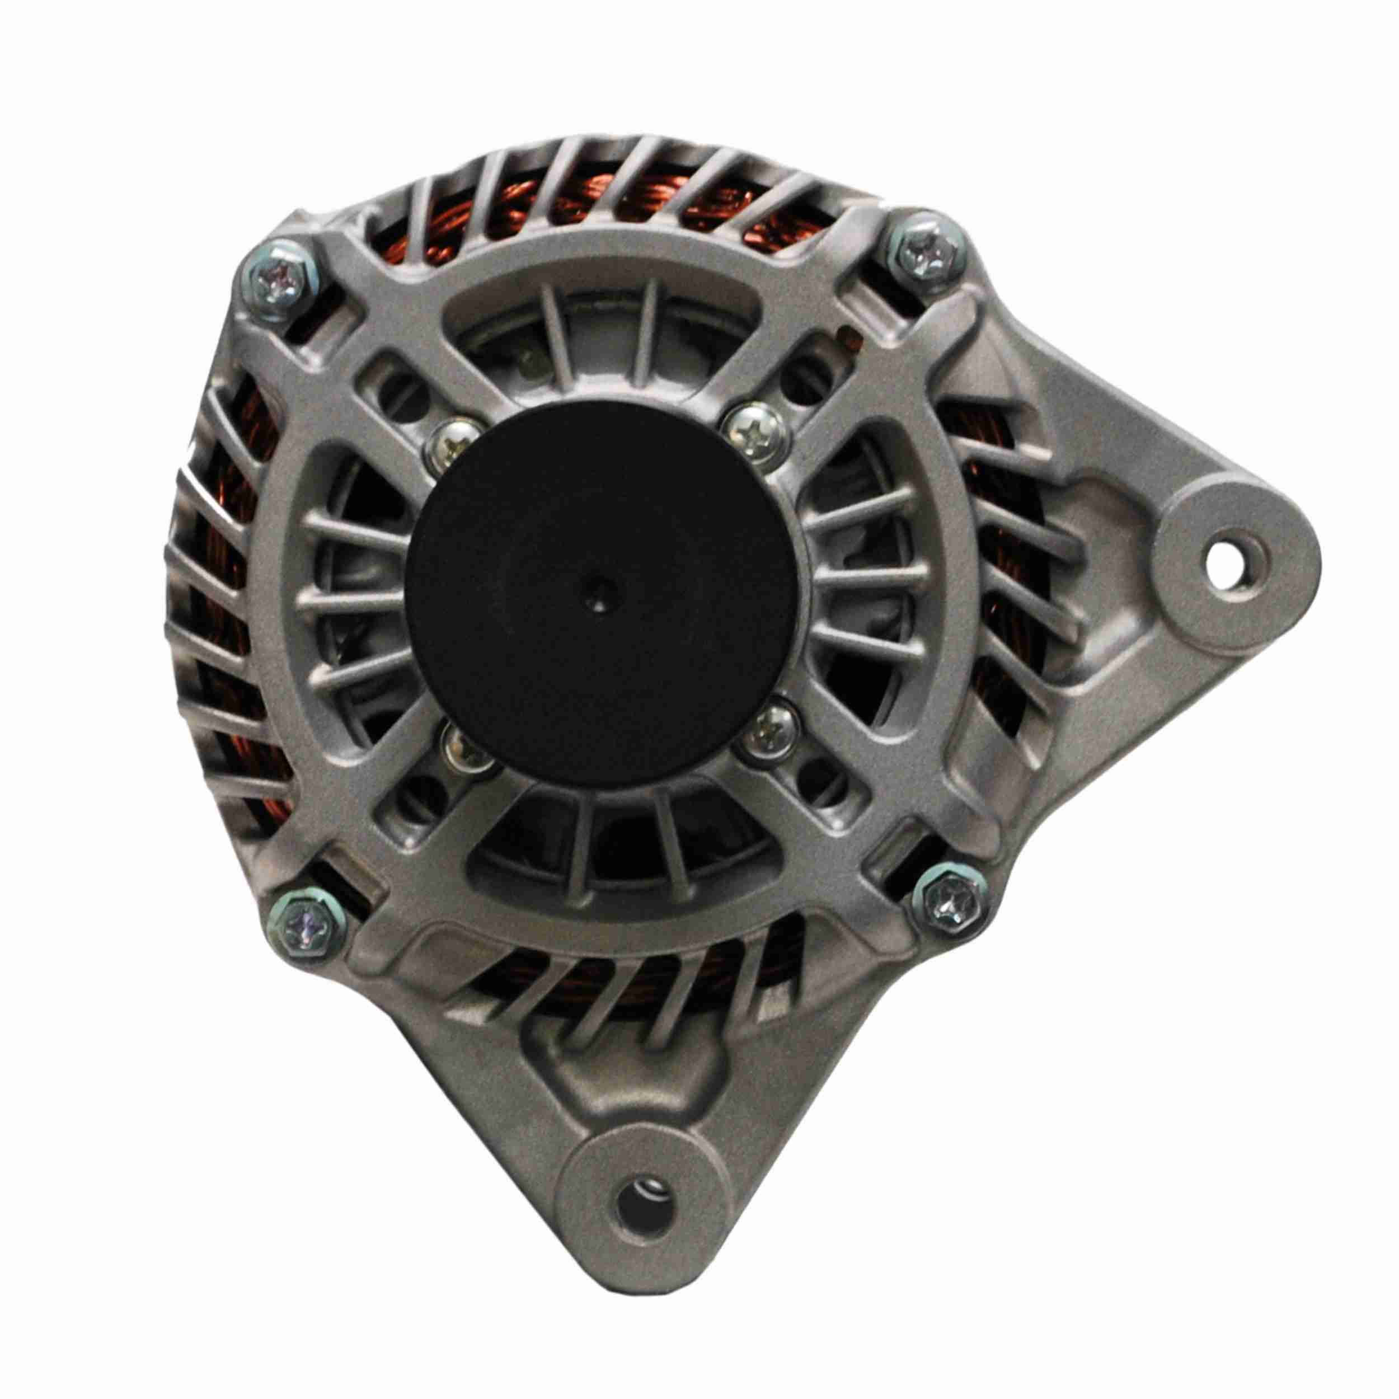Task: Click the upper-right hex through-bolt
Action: coord(919,251)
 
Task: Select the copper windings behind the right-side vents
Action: coord(1014,550)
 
